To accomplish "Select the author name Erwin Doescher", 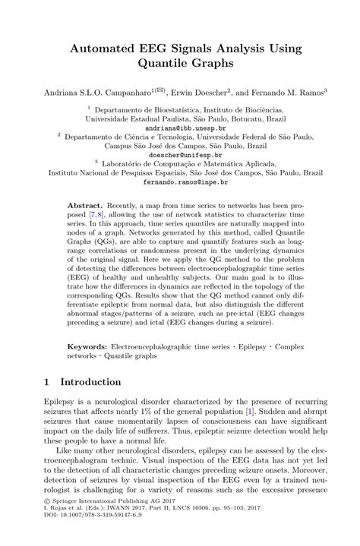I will pos(207,90).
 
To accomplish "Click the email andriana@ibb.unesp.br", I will pos(180,129).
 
